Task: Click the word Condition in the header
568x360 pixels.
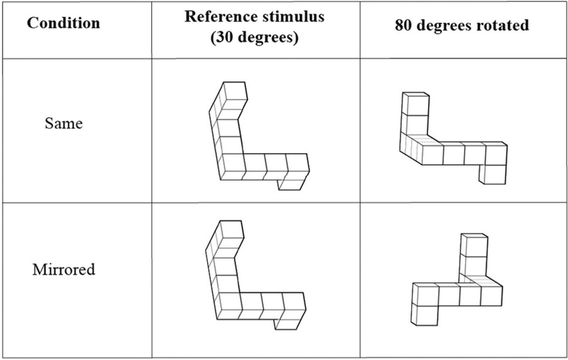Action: coord(63,23)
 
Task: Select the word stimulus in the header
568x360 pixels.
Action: coord(295,16)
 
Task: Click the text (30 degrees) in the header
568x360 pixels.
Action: coord(255,37)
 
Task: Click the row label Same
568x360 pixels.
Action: coord(63,124)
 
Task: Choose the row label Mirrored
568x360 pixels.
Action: coord(63,270)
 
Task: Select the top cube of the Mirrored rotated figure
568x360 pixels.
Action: coord(475,245)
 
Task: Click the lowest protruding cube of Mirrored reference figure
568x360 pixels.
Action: coord(289,323)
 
